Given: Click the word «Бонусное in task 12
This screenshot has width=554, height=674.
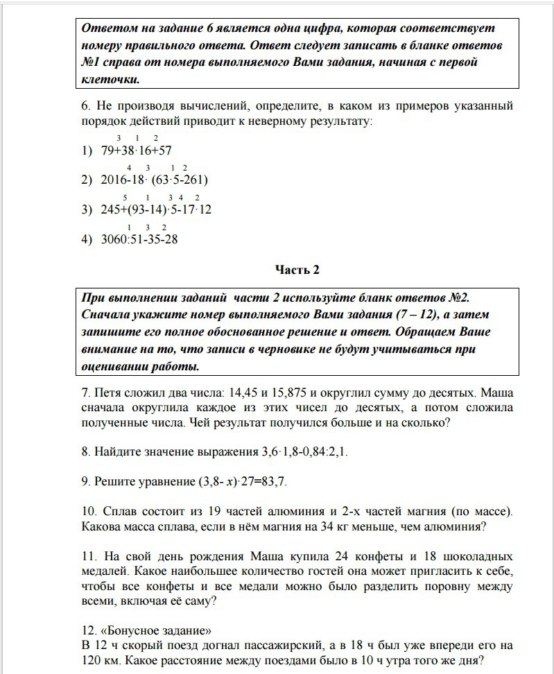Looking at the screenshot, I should pos(127,631).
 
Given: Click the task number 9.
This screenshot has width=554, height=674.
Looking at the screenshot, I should pos(86,482).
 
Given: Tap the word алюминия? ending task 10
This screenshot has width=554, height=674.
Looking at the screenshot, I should pos(455,526).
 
